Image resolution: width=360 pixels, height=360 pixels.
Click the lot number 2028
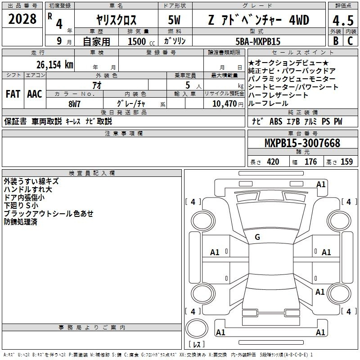[22, 19]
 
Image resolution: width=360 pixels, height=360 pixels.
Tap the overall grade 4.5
[343, 21]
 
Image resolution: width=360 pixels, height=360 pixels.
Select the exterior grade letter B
[336, 41]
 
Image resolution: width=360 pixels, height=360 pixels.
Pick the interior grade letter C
[350, 41]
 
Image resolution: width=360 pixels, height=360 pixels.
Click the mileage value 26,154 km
[55, 65]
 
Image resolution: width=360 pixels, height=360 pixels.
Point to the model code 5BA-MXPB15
[258, 41]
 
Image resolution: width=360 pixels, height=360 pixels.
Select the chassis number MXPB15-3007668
[302, 143]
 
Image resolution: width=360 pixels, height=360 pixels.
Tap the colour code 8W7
[74, 104]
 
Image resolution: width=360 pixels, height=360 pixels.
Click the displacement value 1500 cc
[141, 41]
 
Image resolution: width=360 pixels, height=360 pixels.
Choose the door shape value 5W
[174, 20]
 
